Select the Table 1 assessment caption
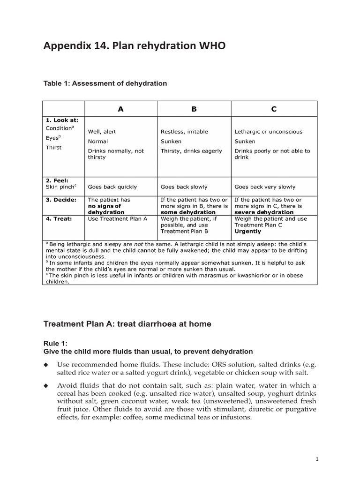[105, 83]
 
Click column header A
[120, 109]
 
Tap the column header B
[194, 109]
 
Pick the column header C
[274, 109]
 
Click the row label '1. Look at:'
[61, 120]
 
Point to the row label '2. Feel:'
[57, 180]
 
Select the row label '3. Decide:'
[60, 200]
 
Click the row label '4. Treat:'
[59, 218]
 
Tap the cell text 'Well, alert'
[102, 132]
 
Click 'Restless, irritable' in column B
[184, 132]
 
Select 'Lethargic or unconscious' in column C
[269, 132]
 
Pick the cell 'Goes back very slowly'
[265, 187]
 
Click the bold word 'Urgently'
[248, 232]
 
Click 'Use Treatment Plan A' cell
[118, 218]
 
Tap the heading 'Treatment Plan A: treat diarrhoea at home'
[127, 324]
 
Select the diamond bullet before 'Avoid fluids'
[46, 386]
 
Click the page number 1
[317, 459]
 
